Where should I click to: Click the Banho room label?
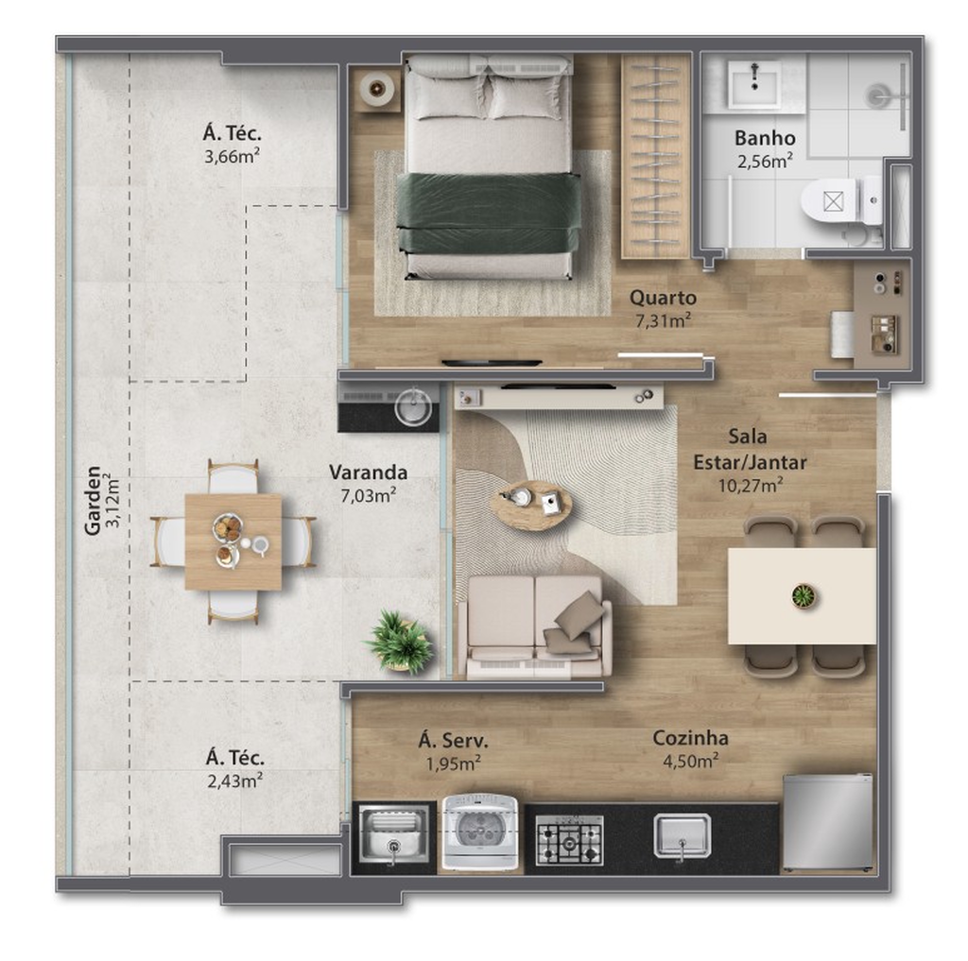[764, 138]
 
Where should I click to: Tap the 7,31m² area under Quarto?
[663, 319]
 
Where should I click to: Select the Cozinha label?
[690, 738]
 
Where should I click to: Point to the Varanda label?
[368, 472]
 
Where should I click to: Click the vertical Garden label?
[93, 501]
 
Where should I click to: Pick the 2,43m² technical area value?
[234, 781]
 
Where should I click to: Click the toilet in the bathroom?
[841, 201]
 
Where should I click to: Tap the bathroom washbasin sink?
[754, 82]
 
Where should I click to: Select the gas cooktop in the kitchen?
[568, 839]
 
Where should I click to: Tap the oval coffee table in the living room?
[530, 505]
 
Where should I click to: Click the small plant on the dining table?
[804, 595]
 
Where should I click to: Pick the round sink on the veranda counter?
[413, 406]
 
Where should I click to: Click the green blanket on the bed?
[489, 213]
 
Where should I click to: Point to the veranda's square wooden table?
[233, 541]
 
